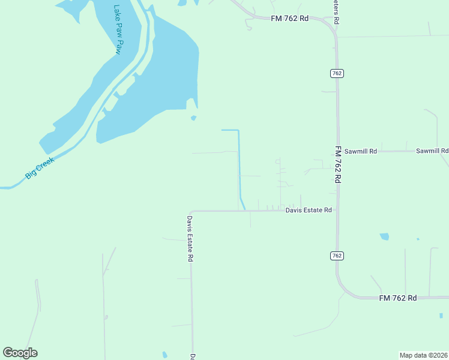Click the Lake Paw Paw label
click(117, 31)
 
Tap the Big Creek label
click(40, 168)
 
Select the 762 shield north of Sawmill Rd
click(336, 73)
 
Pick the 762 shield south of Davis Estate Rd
click(336, 256)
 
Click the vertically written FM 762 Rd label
click(338, 164)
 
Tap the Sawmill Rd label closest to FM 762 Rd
click(360, 151)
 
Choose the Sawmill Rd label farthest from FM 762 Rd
click(432, 151)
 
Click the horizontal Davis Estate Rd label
click(309, 210)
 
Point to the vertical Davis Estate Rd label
click(190, 238)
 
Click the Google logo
click(20, 353)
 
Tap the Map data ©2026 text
click(423, 355)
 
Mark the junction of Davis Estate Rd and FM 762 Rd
click(337, 211)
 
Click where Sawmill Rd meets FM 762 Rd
click(337, 152)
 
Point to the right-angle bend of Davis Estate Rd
click(191, 212)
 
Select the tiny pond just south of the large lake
click(193, 118)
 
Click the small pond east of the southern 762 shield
click(384, 236)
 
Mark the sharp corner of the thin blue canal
click(238, 130)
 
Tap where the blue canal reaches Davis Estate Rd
click(244, 209)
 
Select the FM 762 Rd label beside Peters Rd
click(289, 19)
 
